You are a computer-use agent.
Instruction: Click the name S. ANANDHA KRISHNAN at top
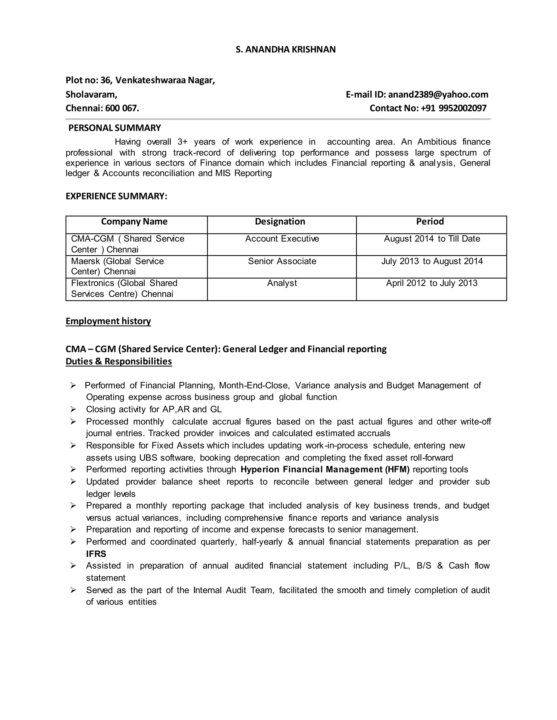(285, 49)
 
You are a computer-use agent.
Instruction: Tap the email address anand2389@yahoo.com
(438, 95)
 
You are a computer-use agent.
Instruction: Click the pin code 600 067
(122, 108)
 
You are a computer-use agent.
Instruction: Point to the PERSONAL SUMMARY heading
(115, 128)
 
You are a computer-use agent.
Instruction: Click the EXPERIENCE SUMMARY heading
(116, 196)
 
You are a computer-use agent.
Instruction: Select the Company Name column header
(134, 221)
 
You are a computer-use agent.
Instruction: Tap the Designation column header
(280, 221)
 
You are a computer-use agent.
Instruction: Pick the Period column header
(430, 221)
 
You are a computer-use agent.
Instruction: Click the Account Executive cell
(282, 239)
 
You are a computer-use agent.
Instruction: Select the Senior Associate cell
(282, 261)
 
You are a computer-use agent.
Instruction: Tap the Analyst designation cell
(282, 283)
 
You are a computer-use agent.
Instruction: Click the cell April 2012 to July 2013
(432, 283)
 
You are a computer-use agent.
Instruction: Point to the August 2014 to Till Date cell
(432, 239)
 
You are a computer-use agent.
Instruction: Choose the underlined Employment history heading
(108, 321)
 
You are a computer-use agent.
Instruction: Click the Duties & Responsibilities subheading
(119, 362)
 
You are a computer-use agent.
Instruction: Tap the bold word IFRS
(96, 554)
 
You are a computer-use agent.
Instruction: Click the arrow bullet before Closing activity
(73, 409)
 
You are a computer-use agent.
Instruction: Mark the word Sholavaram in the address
(91, 95)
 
